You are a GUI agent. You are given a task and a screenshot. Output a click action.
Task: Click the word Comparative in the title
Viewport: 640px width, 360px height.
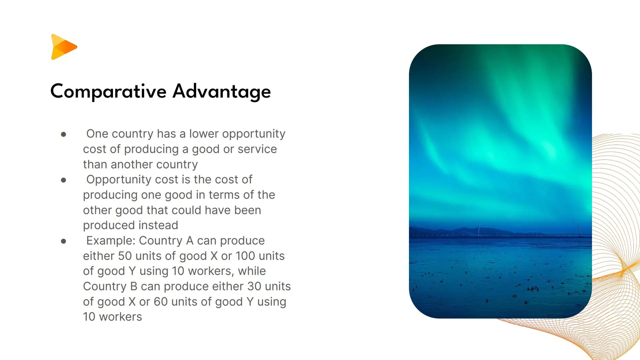108,91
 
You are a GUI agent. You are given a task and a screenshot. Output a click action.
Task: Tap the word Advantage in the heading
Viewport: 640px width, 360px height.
222,91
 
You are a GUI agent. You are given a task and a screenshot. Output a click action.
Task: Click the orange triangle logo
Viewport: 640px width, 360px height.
64,47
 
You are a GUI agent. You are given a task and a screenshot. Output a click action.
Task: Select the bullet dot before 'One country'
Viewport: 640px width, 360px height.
64,134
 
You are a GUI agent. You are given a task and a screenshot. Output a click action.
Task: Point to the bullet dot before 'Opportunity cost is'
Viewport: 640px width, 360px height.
64,180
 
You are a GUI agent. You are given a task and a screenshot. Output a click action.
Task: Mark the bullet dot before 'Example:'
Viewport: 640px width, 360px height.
64,241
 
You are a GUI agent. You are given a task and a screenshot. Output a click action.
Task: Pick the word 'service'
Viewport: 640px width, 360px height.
257,149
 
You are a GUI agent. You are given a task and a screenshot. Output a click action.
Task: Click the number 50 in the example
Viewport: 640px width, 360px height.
125,256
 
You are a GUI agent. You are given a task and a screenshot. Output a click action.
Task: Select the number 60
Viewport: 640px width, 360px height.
160,302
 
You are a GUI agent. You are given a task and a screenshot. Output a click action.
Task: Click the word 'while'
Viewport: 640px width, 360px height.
252,271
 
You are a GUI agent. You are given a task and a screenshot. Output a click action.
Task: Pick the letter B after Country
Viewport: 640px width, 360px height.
134,286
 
